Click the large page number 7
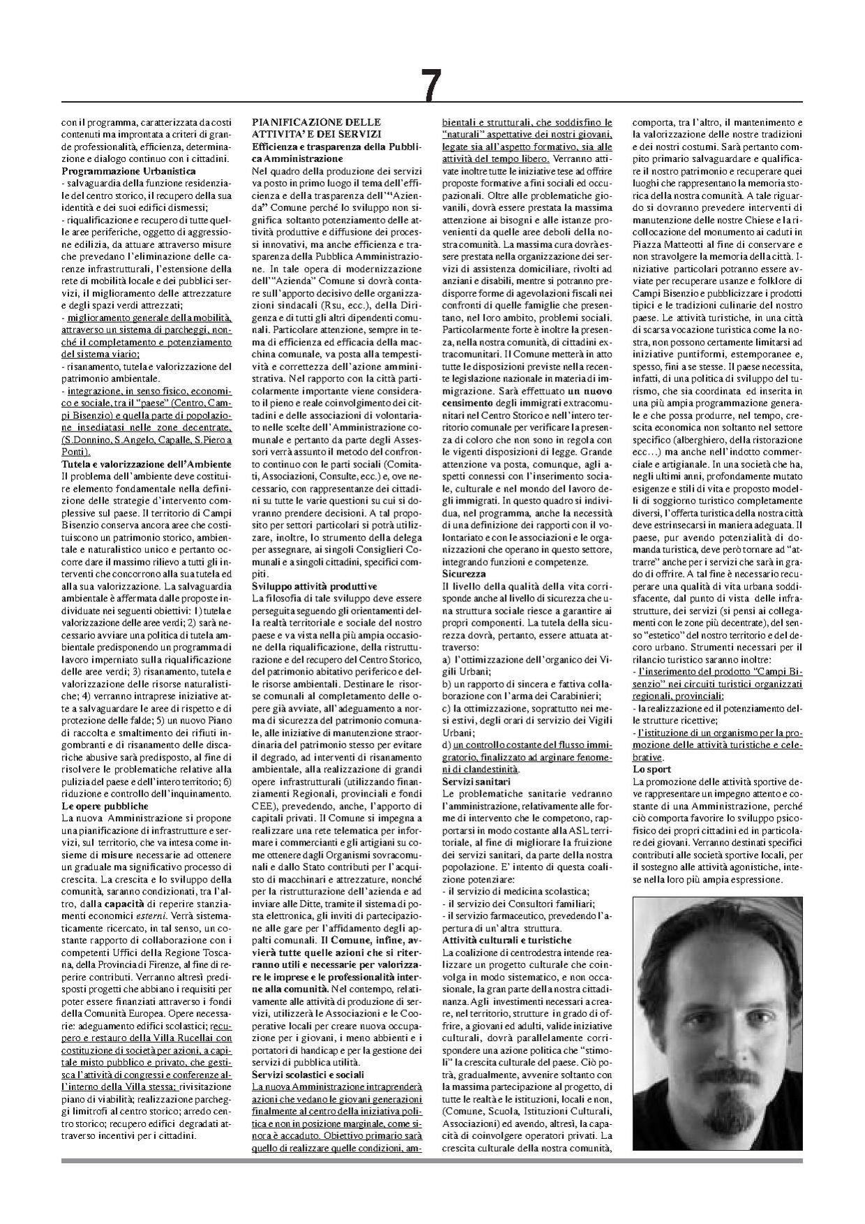431,86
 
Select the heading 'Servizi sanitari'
476,781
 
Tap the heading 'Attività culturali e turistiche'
507,941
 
